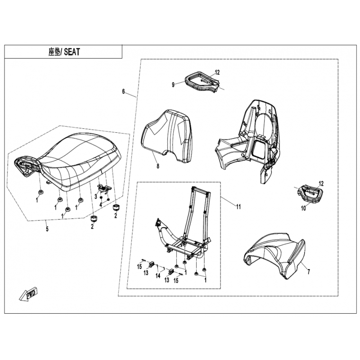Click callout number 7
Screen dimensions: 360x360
click(308, 272)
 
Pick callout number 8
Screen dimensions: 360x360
click(158, 166)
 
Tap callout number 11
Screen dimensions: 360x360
click(238, 207)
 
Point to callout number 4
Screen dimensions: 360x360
click(100, 204)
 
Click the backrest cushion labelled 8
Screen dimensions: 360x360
click(167, 135)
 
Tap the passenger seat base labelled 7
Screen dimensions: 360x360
click(274, 254)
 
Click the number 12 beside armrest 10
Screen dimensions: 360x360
click(321, 184)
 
